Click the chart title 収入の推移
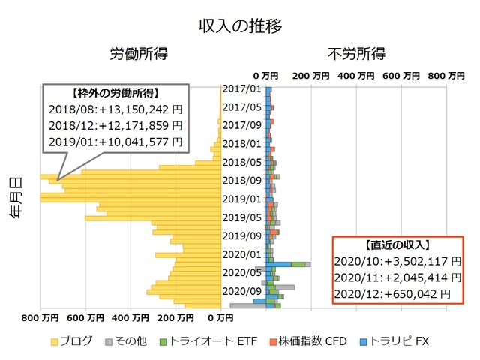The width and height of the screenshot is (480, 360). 240,26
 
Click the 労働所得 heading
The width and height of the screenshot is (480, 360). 139,55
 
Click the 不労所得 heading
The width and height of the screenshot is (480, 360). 357,55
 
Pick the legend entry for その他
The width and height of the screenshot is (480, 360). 135,341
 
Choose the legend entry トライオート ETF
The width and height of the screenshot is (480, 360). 204,341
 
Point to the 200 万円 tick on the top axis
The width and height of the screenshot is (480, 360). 310,76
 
